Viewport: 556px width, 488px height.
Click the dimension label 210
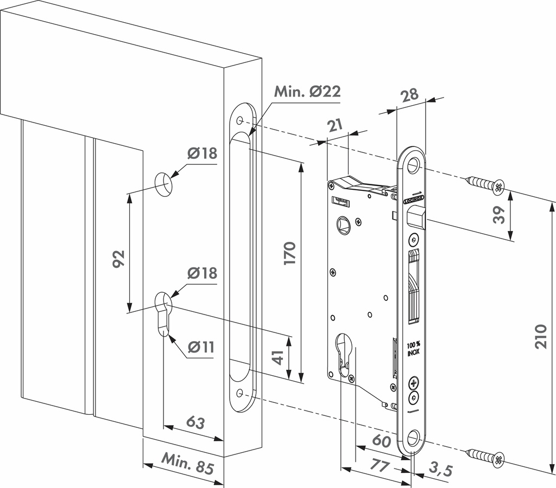tap(540, 336)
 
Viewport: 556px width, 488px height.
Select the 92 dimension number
tap(119, 258)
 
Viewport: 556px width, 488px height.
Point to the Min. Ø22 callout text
tap(307, 91)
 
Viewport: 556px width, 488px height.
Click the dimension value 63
tap(195, 421)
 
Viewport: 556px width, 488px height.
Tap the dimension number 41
tap(278, 358)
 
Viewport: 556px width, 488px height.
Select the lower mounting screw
tap(485, 457)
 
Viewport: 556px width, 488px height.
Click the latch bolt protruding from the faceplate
tap(415, 220)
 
